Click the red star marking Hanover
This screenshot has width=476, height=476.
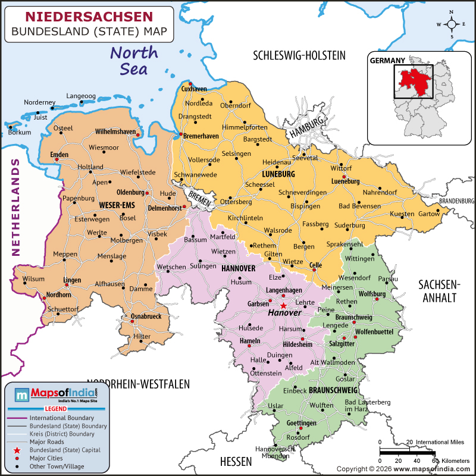(283, 305)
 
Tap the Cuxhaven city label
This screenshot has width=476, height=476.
(194, 89)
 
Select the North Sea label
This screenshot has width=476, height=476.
(134, 60)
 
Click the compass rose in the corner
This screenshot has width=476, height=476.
(452, 24)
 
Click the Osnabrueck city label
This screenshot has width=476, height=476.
(146, 317)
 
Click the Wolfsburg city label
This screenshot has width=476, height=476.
(372, 294)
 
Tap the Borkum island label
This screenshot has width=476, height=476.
(20, 132)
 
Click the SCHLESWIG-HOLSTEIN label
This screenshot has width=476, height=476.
(299, 56)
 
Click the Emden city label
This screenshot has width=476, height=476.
(59, 155)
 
